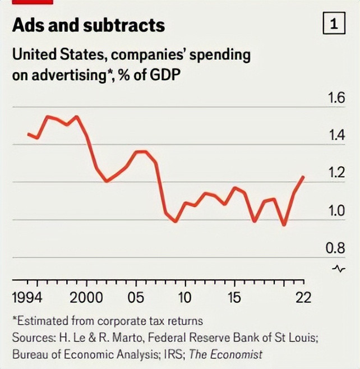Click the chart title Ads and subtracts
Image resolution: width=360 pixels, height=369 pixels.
[88, 25]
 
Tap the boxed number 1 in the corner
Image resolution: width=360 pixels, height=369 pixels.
[334, 24]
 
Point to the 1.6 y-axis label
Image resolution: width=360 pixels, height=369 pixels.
[335, 99]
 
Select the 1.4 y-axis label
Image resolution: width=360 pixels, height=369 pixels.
[335, 136]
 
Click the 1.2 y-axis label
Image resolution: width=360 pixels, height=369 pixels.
[335, 173]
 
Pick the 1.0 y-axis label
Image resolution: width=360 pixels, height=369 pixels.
[335, 211]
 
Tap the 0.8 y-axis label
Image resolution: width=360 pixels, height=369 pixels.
[335, 248]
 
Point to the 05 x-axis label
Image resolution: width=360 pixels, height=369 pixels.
[136, 297]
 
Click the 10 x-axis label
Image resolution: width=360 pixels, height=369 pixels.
[184, 297]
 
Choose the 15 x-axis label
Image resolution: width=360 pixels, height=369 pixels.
[234, 297]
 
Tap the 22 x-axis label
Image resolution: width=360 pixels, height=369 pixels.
[303, 297]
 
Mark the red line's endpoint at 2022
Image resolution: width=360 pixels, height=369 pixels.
[303, 177]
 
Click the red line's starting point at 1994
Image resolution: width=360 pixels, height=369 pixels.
[28, 133]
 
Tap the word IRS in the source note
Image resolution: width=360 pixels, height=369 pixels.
[177, 354]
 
